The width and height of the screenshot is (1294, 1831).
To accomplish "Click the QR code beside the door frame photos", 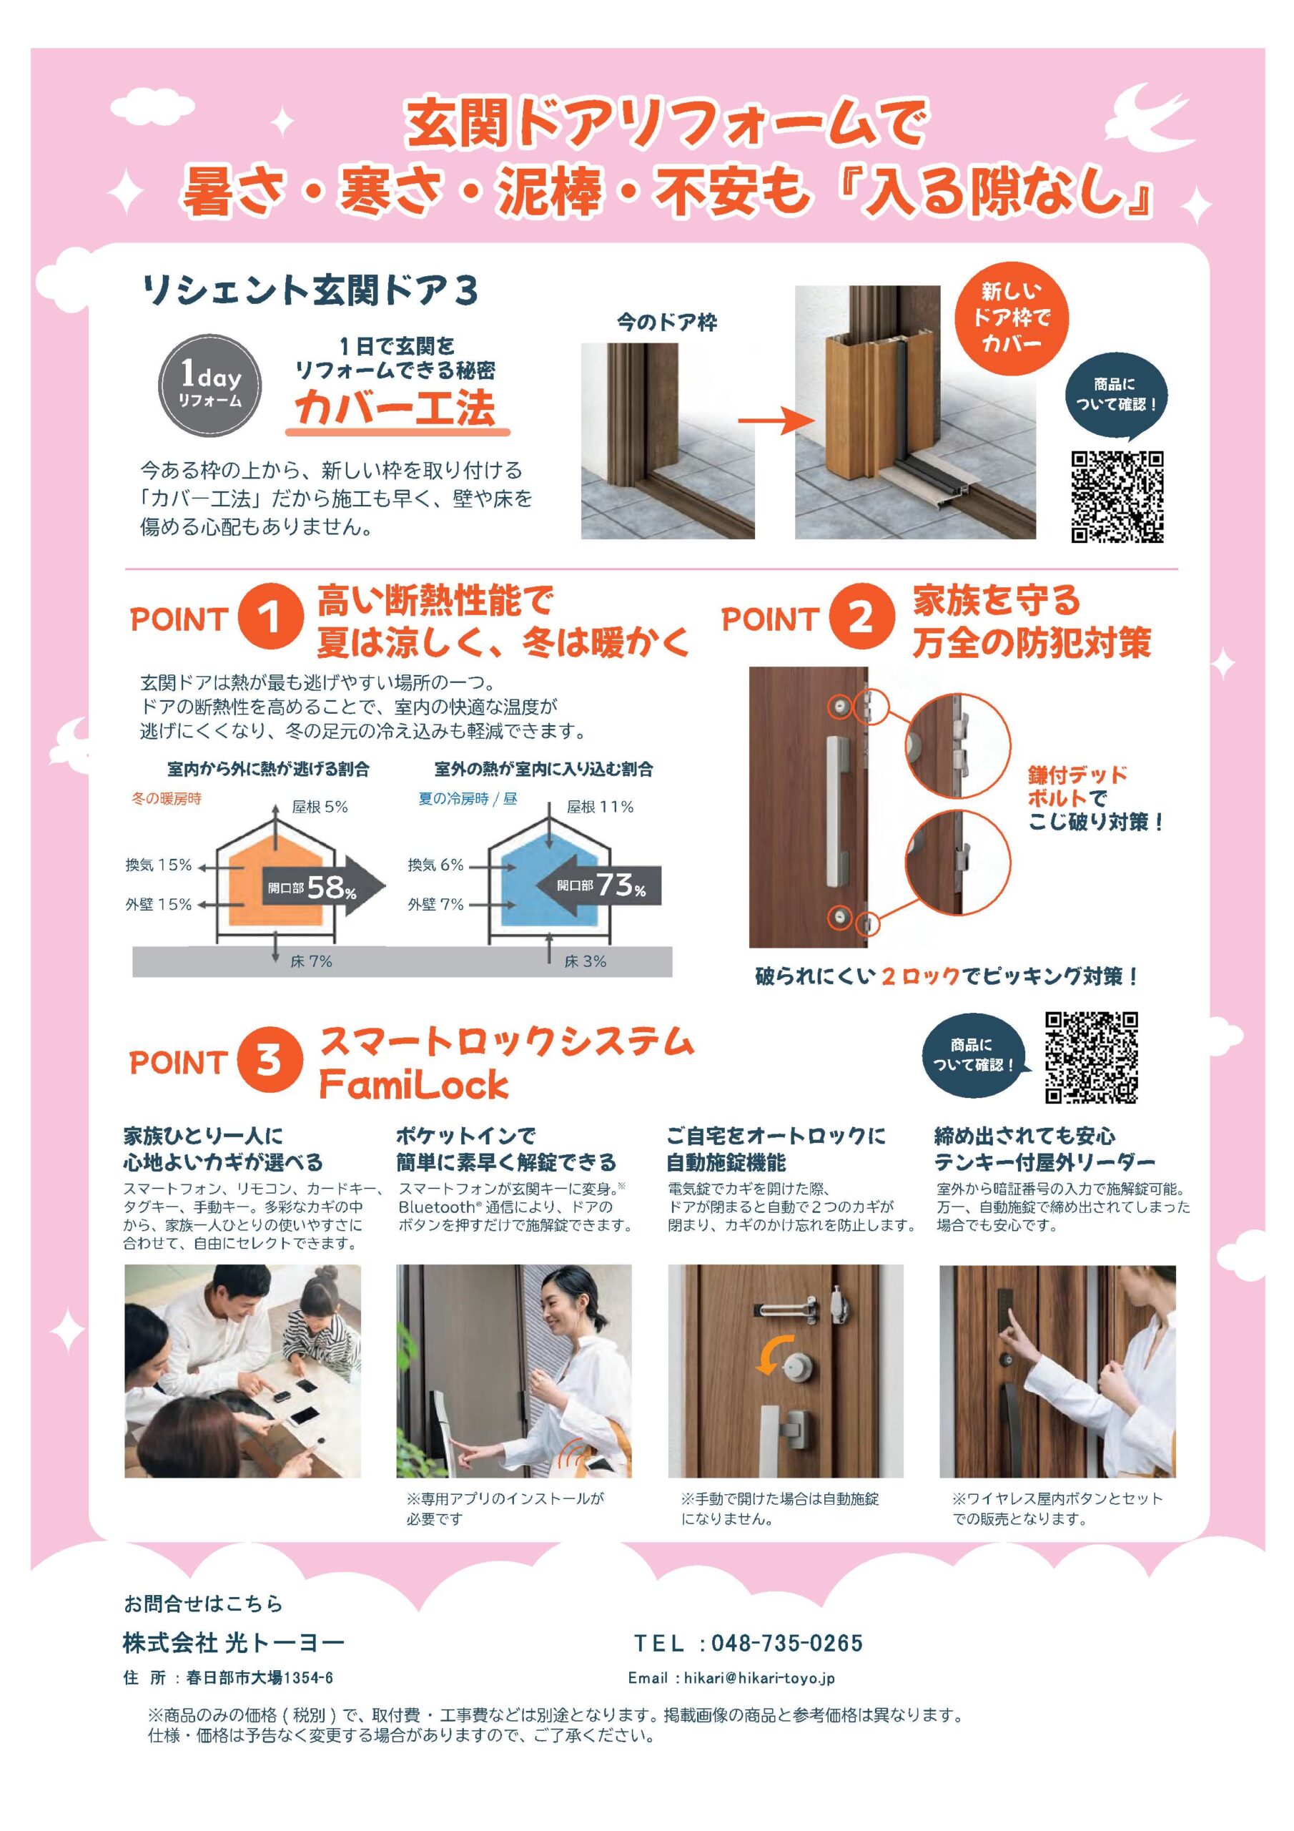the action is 1116,497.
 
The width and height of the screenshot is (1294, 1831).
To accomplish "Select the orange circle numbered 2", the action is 860,618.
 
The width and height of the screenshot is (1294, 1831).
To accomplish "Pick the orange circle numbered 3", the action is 270,1060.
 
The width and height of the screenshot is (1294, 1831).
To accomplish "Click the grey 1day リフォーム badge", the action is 209,383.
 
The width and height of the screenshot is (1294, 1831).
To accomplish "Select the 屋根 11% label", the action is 600,807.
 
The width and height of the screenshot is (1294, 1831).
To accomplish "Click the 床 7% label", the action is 311,962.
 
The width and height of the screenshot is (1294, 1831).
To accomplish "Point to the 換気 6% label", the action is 435,865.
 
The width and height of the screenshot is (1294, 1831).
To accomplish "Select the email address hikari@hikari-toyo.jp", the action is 759,1678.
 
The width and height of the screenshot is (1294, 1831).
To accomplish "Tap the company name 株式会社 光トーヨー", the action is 234,1642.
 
